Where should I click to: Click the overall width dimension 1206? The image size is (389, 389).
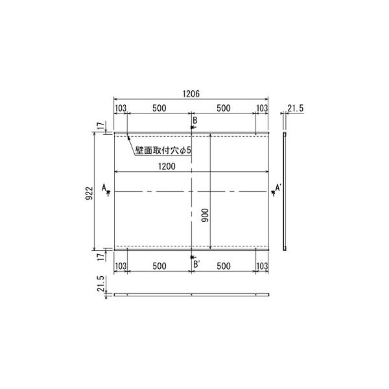tap(191, 94)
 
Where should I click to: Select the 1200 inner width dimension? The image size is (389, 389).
tap(167, 166)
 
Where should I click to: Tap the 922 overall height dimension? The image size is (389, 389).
tap(89, 193)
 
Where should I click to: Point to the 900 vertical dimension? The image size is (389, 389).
tap(205, 215)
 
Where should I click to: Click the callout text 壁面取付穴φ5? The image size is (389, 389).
tap(163, 150)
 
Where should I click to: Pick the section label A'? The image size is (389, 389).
tap(278, 188)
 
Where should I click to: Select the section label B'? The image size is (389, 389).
tap(196, 265)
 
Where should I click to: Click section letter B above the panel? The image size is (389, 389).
tap(195, 121)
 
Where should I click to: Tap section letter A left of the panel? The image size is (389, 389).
tap(104, 188)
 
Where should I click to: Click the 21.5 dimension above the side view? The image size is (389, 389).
tap(295, 108)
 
